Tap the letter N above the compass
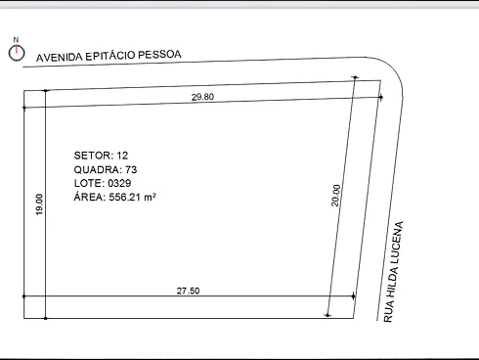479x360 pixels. coord(16,40)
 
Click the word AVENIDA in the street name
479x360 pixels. coord(60,57)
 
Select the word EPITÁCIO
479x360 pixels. coord(110,56)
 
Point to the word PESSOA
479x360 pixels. coord(159,54)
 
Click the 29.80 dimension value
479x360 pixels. coord(202,97)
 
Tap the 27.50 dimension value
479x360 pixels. coord(188,291)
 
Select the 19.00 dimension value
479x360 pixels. coord(39,204)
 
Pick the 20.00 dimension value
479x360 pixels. coord(335,196)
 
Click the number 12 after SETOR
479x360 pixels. coord(122,156)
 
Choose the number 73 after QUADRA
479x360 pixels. coord(131,169)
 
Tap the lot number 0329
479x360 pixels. coord(119,183)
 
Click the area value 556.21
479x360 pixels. coord(125,197)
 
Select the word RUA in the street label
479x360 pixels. coord(388,313)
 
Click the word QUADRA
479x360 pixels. coord(98,169)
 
